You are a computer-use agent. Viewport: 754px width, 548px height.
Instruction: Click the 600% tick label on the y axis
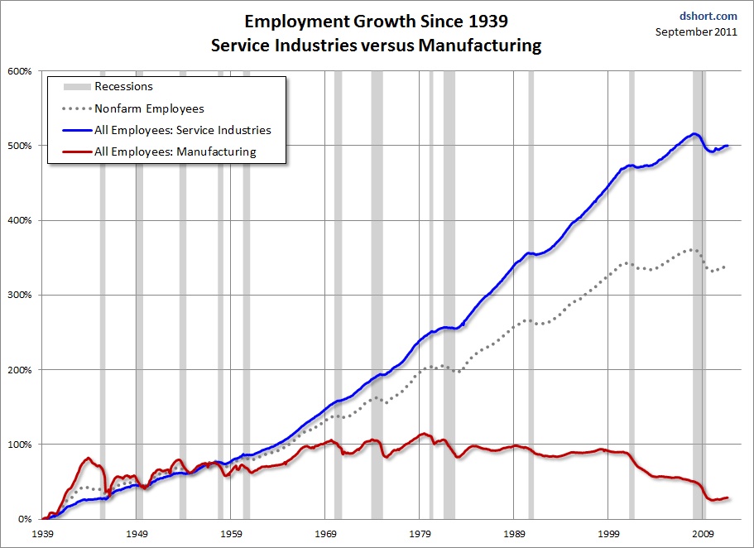(20, 71)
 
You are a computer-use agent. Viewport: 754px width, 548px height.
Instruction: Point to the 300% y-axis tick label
(20, 296)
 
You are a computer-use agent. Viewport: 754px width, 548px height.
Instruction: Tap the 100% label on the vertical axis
(20, 445)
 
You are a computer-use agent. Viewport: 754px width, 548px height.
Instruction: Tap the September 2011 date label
(696, 31)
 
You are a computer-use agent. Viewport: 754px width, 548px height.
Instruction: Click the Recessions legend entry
(123, 86)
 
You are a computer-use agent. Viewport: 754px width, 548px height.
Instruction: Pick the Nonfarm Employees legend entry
(149, 108)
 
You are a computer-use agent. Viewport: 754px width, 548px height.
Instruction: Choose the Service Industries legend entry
(182, 130)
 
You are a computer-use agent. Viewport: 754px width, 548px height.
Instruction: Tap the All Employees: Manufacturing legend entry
(175, 151)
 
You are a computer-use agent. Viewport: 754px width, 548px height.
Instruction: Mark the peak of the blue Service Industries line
(694, 134)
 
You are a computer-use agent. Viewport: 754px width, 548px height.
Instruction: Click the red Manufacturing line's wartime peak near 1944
(89, 458)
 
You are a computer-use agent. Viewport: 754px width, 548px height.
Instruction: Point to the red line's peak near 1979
(425, 434)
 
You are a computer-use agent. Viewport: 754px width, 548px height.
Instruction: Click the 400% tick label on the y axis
(20, 221)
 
